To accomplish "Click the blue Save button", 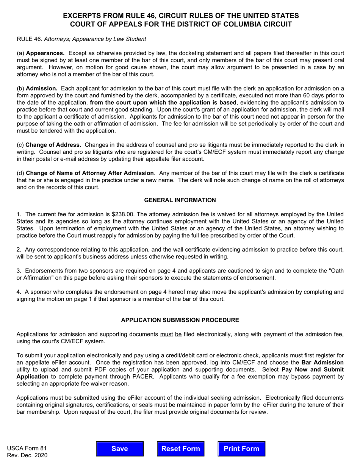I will coord(120,449).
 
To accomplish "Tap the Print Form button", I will coord(241,449).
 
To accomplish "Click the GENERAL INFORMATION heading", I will coord(180,200).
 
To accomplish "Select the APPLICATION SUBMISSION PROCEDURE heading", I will coord(180,320).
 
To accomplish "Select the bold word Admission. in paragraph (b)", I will coord(42,88).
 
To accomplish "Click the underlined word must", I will coord(167,334).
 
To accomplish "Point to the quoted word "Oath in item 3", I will coord(337,271).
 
